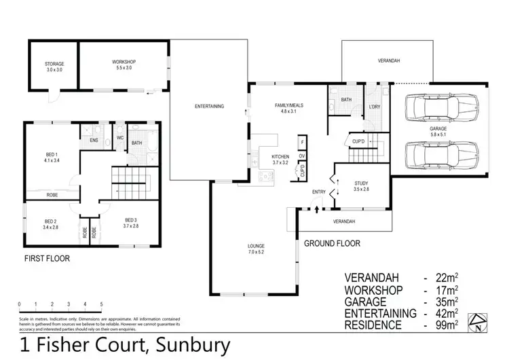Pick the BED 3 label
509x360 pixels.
click(x=132, y=223)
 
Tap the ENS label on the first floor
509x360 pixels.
click(x=94, y=141)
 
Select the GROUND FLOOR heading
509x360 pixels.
click(x=332, y=243)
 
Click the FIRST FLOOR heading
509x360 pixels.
click(x=47, y=259)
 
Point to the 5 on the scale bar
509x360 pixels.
click(x=101, y=304)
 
